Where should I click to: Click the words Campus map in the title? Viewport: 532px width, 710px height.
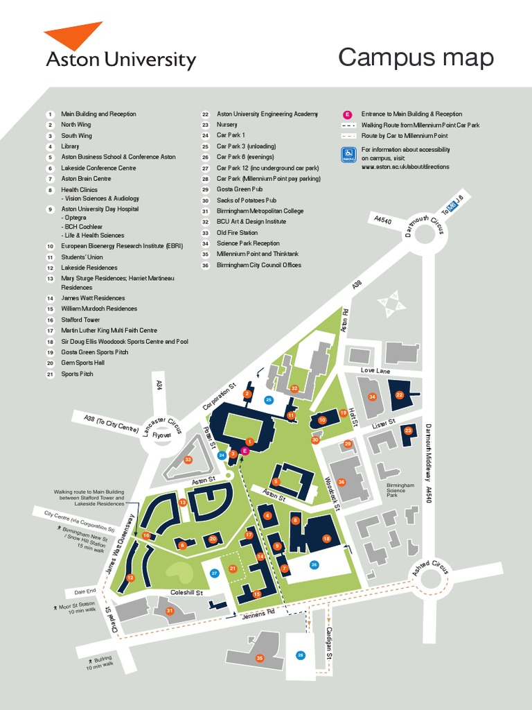[x=416, y=58]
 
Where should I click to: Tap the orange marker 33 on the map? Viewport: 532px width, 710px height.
[x=188, y=460]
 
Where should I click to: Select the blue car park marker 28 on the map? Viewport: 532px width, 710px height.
[x=301, y=655]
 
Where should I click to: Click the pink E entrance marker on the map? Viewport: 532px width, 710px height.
[x=245, y=451]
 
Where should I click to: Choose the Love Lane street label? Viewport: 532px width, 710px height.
[x=376, y=371]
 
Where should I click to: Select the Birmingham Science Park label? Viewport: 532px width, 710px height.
[x=400, y=490]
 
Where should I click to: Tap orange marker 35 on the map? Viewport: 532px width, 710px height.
[x=260, y=658]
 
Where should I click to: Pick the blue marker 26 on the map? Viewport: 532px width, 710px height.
[x=314, y=564]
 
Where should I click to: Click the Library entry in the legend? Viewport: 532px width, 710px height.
[x=70, y=146]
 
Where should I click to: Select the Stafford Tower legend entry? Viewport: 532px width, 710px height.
[x=80, y=320]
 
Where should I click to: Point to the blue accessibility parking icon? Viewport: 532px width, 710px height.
[x=348, y=155]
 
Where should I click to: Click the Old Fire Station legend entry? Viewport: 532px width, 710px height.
[x=237, y=232]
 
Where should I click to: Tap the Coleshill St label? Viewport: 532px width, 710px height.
[x=186, y=593]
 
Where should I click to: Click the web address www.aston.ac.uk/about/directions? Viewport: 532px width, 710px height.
[x=405, y=166]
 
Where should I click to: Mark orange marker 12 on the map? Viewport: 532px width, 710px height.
[x=130, y=578]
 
